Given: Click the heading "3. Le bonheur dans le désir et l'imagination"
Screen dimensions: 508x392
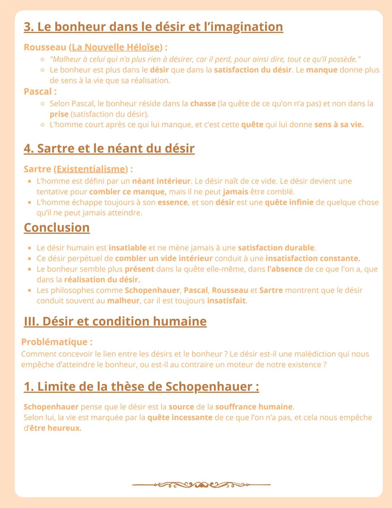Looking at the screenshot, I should pyautogui.click(x=153, y=27).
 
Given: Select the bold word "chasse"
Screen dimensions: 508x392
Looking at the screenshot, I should pyautogui.click(x=203, y=104).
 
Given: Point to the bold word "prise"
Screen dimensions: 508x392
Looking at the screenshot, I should pyautogui.click(x=59, y=114).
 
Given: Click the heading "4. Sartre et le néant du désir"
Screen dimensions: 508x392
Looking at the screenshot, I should pyautogui.click(x=109, y=148).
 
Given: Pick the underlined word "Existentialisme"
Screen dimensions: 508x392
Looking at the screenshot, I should pyautogui.click(x=91, y=169).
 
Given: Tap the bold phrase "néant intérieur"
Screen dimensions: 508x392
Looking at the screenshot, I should pyautogui.click(x=161, y=181).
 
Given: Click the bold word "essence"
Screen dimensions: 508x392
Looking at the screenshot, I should pyautogui.click(x=172, y=202).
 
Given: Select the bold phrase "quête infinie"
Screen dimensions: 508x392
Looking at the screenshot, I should pyautogui.click(x=289, y=202).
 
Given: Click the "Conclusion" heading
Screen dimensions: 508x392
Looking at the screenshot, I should pyautogui.click(x=57, y=227).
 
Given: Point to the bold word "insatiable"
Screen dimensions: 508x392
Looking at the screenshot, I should pyautogui.click(x=127, y=248).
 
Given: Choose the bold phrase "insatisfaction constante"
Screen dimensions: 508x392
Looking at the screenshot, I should pyautogui.click(x=313, y=258).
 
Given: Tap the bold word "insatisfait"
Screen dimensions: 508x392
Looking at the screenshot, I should pyautogui.click(x=226, y=301).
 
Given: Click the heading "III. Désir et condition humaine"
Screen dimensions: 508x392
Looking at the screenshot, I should pyautogui.click(x=115, y=321).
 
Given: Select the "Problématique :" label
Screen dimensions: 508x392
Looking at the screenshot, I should pyautogui.click(x=57, y=342).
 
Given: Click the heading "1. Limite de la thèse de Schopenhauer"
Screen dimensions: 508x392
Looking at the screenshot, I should pyautogui.click(x=141, y=386).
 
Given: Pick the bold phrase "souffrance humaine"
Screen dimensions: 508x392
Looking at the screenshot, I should pyautogui.click(x=254, y=407).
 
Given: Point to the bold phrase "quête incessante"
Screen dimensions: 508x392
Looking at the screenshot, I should pyautogui.click(x=180, y=417).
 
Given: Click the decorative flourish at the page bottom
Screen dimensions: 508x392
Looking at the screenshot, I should pyautogui.click(x=201, y=484).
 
